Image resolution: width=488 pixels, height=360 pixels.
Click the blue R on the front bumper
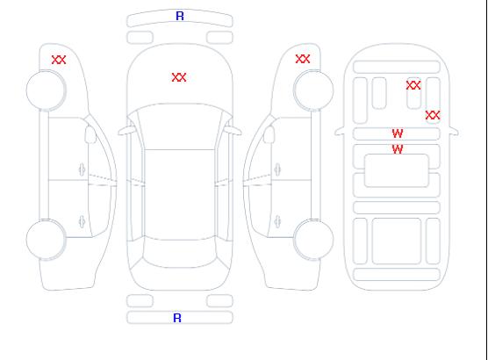(x=180, y=16)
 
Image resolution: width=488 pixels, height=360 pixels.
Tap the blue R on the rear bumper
(x=177, y=318)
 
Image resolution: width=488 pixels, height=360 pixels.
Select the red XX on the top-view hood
(x=179, y=77)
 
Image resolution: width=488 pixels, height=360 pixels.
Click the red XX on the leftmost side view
(x=59, y=60)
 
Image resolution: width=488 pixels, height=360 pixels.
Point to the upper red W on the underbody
(x=398, y=133)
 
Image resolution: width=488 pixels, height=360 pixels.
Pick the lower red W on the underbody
(x=398, y=149)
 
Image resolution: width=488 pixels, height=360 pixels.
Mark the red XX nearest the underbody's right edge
(x=433, y=115)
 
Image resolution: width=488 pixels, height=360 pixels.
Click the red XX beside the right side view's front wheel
(x=303, y=59)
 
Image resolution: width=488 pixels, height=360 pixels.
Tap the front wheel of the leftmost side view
(x=46, y=90)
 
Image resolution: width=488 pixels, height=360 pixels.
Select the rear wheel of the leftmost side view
(x=46, y=240)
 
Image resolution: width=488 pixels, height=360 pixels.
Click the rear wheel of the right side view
(x=313, y=240)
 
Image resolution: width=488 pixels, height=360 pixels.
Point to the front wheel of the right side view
(x=313, y=90)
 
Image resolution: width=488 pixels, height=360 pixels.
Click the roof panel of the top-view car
(x=180, y=195)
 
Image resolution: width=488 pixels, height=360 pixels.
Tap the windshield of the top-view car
(x=180, y=126)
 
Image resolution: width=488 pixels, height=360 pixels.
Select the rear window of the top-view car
(x=180, y=253)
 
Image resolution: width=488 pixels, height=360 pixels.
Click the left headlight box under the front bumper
(x=140, y=38)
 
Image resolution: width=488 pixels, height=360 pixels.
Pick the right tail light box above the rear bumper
(x=219, y=301)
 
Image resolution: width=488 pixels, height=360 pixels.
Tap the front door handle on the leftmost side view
(x=83, y=169)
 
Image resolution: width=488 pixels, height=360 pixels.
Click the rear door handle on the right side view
(x=277, y=221)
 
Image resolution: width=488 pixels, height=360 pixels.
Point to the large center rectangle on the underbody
(x=397, y=170)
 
